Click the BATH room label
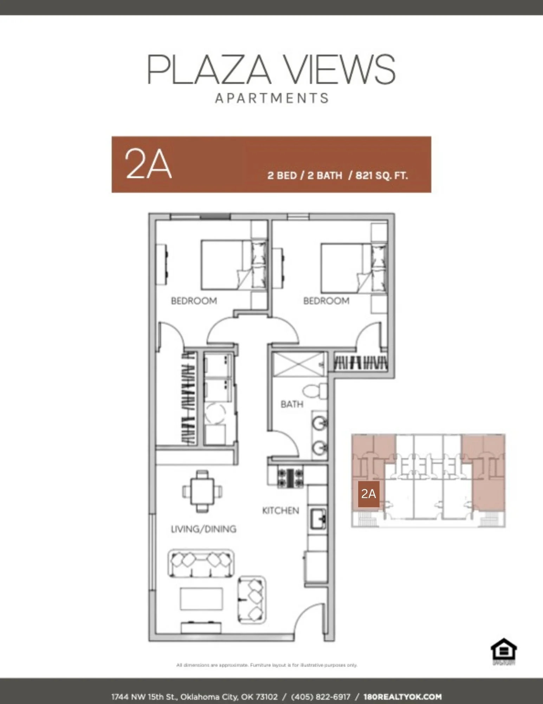point(292,404)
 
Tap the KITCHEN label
point(280,510)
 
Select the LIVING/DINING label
point(203,529)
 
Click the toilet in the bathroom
point(314,391)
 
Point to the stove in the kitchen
point(290,478)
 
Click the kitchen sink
point(318,519)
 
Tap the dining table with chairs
point(202,491)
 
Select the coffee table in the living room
point(201,598)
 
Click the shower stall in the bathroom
point(298,365)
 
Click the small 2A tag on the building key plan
point(368,494)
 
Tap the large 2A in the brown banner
point(148,164)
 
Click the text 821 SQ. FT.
point(382,175)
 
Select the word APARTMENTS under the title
point(272,98)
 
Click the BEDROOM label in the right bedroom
point(326,301)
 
